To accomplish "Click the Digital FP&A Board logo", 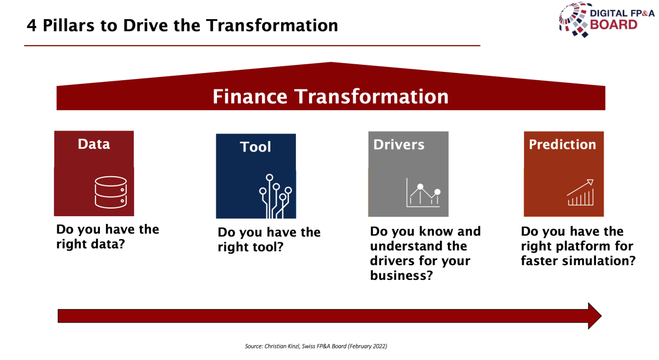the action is pyautogui.click(x=606, y=20).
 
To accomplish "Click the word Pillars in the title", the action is pyautogui.click(x=69, y=25).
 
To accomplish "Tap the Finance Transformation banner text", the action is pyautogui.click(x=331, y=97).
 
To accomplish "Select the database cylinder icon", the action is pyautogui.click(x=110, y=192).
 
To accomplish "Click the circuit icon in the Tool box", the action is pyautogui.click(x=275, y=196).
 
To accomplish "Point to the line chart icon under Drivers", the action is pyautogui.click(x=423, y=193).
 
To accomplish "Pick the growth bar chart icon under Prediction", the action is pyautogui.click(x=580, y=192).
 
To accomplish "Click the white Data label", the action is pyautogui.click(x=94, y=144).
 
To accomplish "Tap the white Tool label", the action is pyautogui.click(x=255, y=147).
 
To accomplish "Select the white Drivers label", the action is pyautogui.click(x=399, y=144).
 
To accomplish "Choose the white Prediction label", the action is pyautogui.click(x=562, y=144).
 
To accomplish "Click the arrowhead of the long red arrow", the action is pyautogui.click(x=595, y=316).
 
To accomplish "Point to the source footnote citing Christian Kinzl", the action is pyautogui.click(x=316, y=346).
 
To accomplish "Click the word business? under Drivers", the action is pyautogui.click(x=401, y=275).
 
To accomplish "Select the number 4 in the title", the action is pyautogui.click(x=31, y=26).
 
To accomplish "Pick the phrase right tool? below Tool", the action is pyautogui.click(x=250, y=247).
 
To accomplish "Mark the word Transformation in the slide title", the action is pyautogui.click(x=272, y=25).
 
